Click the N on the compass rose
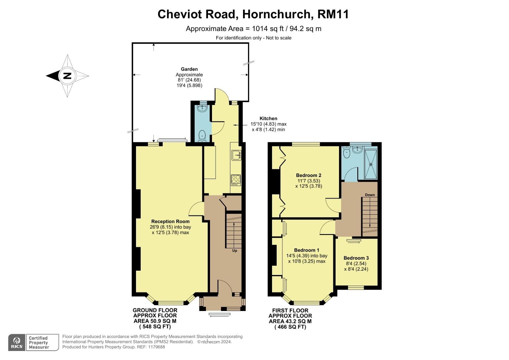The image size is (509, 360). tap(67, 76)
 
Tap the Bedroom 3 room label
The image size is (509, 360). tap(356, 258)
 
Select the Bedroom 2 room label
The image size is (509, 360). tap(309, 175)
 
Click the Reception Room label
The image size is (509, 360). tap(170, 221)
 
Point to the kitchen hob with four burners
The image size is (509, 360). tap(236, 180)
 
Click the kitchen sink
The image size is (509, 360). tap(236, 155)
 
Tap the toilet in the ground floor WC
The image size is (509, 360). tap(202, 136)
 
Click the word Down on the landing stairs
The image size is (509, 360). tap(370, 195)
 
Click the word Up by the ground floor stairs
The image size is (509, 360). tap(235, 251)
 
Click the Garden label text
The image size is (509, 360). tap(189, 69)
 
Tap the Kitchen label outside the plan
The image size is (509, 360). tap(268, 118)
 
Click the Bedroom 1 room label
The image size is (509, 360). tap(307, 250)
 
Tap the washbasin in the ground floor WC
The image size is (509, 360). tap(202, 108)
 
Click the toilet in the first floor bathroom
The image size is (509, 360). tap(346, 153)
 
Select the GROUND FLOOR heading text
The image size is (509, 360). tap(155, 310)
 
